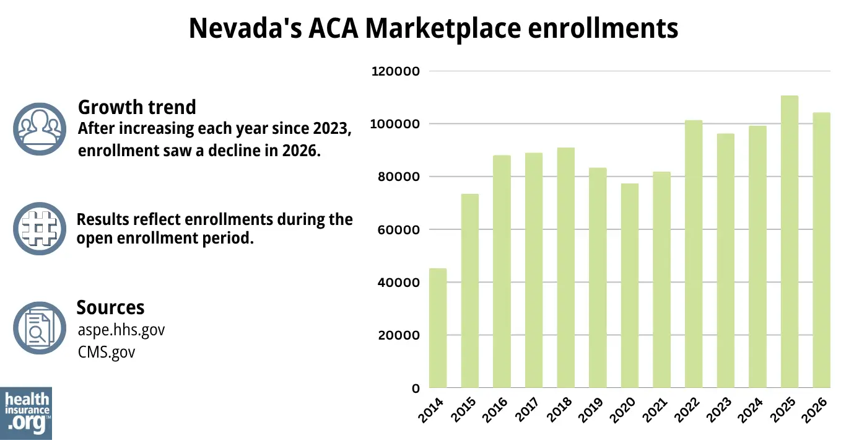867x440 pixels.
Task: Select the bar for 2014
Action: tap(438, 328)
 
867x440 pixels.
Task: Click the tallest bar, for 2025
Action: tap(790, 242)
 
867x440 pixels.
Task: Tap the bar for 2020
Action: tap(630, 286)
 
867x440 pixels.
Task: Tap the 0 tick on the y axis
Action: tap(416, 389)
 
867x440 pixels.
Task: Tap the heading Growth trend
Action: tap(137, 107)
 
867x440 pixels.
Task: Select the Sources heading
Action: tap(110, 307)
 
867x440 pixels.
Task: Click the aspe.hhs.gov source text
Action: tap(121, 330)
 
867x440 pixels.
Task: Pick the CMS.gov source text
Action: tap(107, 352)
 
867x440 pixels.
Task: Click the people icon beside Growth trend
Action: tap(40, 128)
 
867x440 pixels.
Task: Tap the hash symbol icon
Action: tap(40, 229)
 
